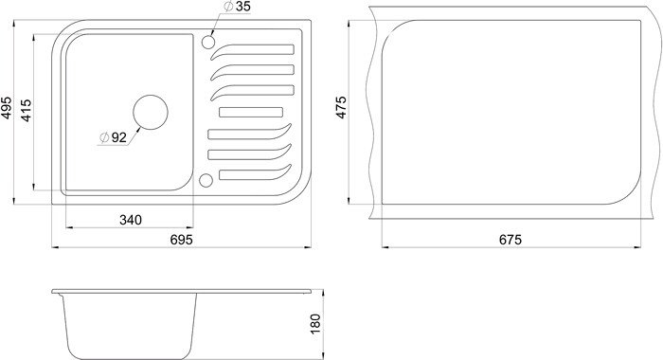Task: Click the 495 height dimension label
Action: point(7,108)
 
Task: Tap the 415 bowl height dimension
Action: point(26,111)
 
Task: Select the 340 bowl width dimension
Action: point(131,220)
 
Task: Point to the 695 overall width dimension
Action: point(182,240)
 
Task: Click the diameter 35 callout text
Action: point(237,7)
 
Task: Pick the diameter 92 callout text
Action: point(114,137)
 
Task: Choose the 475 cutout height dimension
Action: point(341,107)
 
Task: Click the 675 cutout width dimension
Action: point(511,240)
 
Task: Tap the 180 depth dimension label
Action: point(315,324)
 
